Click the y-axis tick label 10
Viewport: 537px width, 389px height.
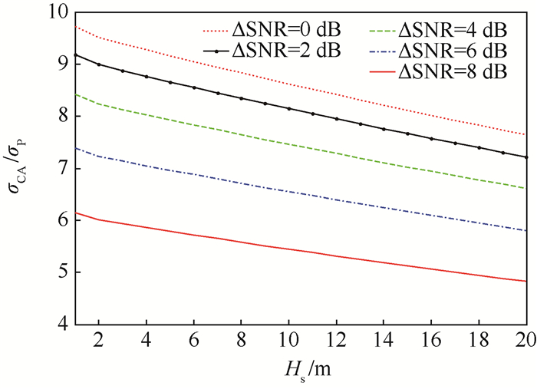[58, 13]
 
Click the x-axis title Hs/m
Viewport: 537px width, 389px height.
[299, 371]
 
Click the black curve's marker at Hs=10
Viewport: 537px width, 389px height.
[288, 109]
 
